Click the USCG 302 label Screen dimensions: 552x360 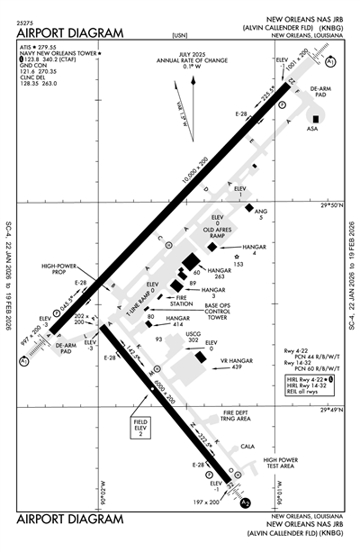pos(191,338)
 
